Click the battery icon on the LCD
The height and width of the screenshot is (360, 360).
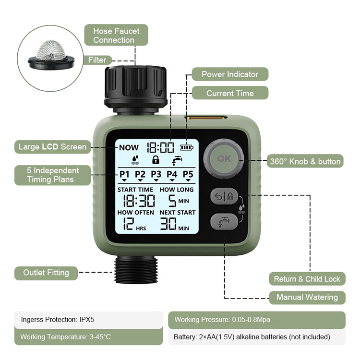point(185,147)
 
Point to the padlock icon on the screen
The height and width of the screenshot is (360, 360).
point(155,160)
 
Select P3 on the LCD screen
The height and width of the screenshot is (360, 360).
point(156,174)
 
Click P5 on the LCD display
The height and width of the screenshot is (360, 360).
point(188,174)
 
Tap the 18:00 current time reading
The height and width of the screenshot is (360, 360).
point(160,147)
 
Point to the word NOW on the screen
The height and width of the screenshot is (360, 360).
point(128,147)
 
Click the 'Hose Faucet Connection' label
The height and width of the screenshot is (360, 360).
point(116,35)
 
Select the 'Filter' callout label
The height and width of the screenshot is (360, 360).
point(97,60)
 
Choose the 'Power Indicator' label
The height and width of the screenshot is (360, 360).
point(229,74)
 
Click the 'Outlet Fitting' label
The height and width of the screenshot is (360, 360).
point(46,273)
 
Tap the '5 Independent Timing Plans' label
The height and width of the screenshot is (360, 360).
point(53,175)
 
